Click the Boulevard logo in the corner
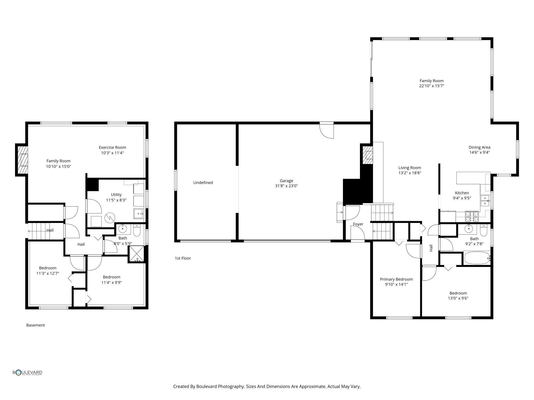pos(27,373)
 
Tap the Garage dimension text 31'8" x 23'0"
pos(286,186)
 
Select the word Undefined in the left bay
pos(203,183)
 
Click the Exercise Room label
pos(112,147)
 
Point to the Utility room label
pos(116,195)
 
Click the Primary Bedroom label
pos(396,279)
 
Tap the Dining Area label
pos(479,147)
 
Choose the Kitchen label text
pos(462,193)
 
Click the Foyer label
pos(358,224)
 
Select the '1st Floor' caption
pos(183,258)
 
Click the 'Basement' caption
pos(35,325)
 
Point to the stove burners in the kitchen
pos(472,216)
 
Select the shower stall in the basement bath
pos(136,254)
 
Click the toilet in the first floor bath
pos(484,230)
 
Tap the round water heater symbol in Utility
pos(110,218)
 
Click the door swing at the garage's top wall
pos(327,131)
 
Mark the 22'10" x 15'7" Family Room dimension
pos(432,86)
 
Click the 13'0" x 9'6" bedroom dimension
pos(458,298)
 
